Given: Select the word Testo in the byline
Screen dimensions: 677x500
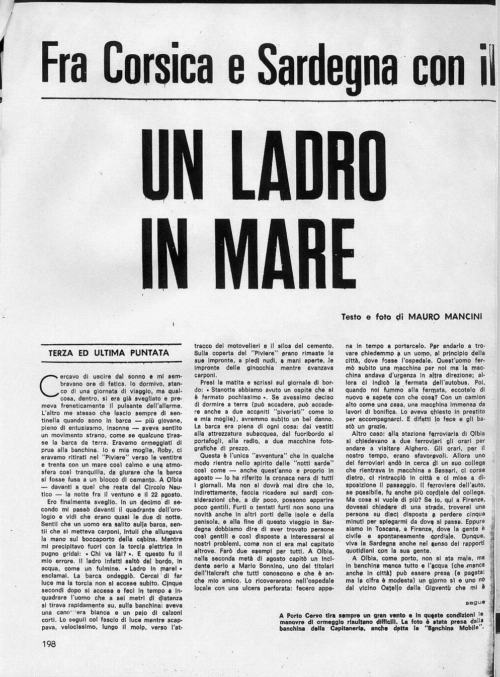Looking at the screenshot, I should click(352, 317).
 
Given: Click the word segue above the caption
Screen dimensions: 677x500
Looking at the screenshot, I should click(475, 602).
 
